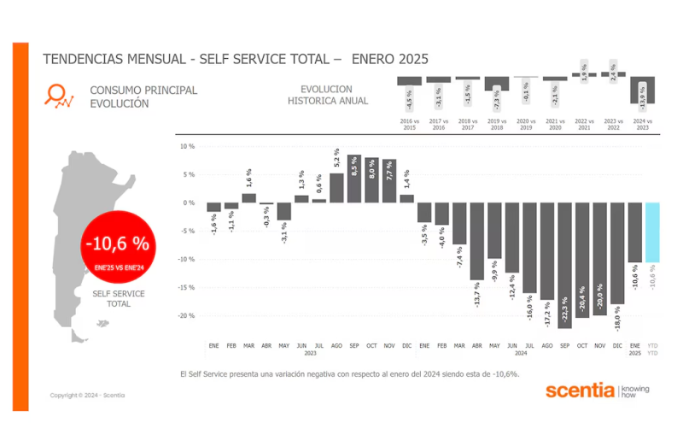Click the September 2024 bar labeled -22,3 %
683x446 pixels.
click(564, 265)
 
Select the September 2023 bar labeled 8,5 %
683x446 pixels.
click(354, 179)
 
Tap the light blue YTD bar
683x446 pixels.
click(652, 232)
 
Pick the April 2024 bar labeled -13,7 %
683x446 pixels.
click(476, 254)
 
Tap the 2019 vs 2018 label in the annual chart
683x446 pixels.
click(497, 124)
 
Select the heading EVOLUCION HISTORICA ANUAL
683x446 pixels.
click(328, 95)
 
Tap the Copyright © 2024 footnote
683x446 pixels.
click(87, 395)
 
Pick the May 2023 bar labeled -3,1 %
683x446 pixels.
click(284, 211)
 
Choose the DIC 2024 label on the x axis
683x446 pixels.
click(616, 345)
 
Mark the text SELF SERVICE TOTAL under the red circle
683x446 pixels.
click(119, 298)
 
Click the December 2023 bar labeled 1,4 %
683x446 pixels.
click(406, 198)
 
